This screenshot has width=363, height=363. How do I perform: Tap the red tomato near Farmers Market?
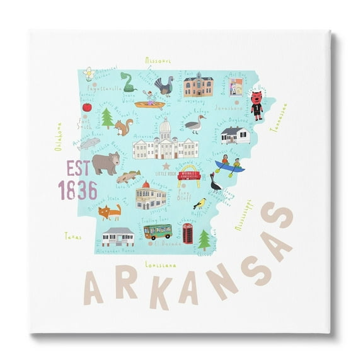click(x=87, y=107)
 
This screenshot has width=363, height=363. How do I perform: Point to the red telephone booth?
click(x=187, y=233)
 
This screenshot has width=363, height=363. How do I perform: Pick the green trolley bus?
click(x=157, y=232)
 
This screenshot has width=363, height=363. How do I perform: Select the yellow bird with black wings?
click(x=200, y=204)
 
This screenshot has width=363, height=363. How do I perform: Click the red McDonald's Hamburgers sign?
click(x=189, y=176)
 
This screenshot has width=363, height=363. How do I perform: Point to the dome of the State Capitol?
click(x=166, y=130)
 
